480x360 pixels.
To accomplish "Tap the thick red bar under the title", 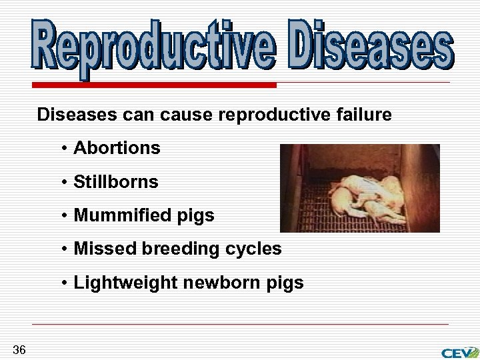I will pos(154,85).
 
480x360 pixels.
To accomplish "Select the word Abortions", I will pos(117,148).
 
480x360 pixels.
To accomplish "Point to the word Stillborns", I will pos(116,181).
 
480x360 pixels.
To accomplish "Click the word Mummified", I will pos(117,215).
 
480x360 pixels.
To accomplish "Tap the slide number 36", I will pos(19,350).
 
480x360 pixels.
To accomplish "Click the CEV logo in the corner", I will pos(459,352).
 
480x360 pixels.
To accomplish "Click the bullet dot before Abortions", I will pos(65,149).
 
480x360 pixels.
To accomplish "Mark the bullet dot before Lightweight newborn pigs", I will pos(65,283).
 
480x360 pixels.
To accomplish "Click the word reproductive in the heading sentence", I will pos(273,115).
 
